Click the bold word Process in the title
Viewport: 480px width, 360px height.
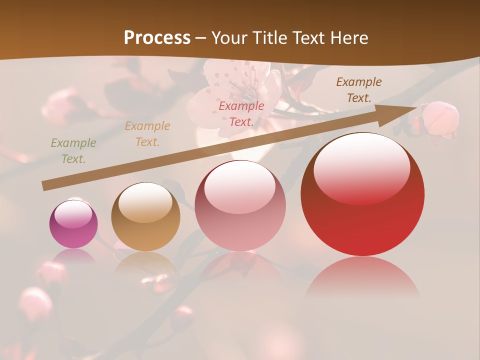(157, 38)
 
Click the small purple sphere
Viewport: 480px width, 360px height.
(73, 223)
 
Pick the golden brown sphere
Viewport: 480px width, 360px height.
(145, 217)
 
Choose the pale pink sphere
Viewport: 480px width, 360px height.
(240, 206)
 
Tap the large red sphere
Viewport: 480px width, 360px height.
(362, 195)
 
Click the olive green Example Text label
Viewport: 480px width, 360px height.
(73, 151)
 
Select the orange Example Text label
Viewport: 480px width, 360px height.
(147, 134)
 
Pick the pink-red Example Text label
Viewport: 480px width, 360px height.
(241, 113)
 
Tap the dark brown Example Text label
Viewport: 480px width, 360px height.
(359, 90)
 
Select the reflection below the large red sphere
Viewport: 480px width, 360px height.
(362, 277)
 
